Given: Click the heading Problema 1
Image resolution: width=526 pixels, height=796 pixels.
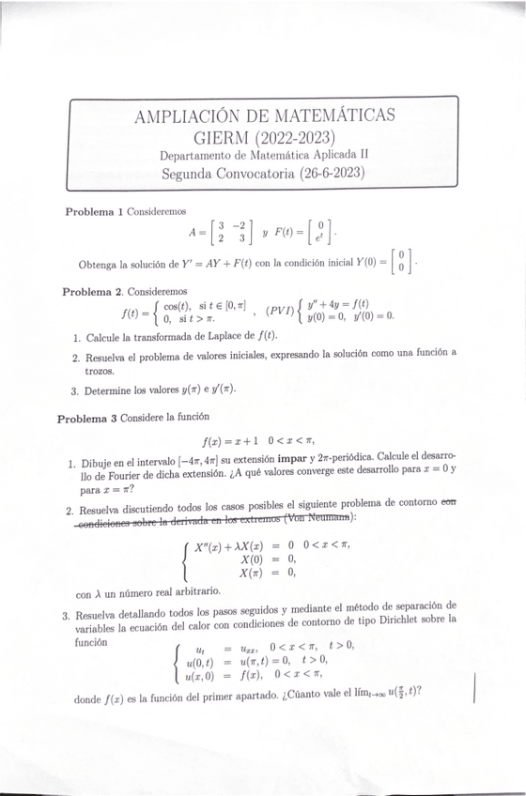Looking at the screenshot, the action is (x=94, y=211).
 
